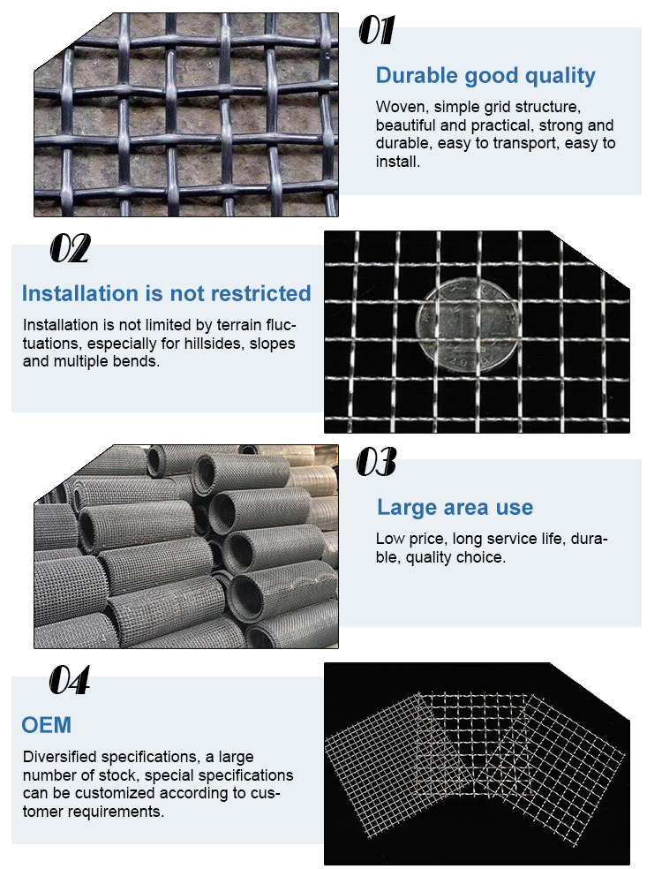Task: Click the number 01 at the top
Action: [377, 30]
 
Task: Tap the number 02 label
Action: [70, 248]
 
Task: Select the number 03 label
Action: [376, 462]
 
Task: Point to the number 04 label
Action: [69, 679]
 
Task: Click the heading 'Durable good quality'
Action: [485, 75]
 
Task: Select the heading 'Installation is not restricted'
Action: [166, 293]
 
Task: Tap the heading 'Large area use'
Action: [455, 507]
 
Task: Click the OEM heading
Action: [47, 725]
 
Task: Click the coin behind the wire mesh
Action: [468, 326]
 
